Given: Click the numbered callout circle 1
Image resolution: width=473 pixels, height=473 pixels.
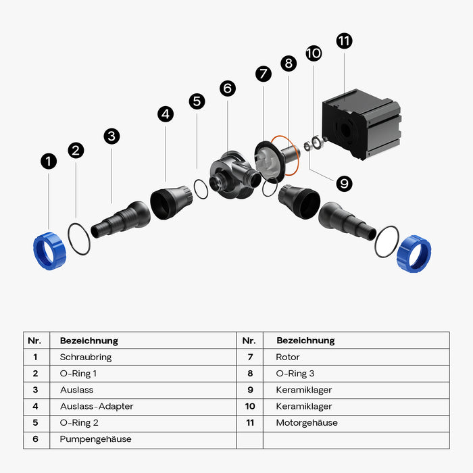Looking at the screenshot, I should (x=49, y=161).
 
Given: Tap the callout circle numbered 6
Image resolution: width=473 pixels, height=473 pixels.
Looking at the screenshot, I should (x=228, y=89).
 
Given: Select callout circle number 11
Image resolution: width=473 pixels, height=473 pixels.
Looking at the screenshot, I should (x=344, y=41).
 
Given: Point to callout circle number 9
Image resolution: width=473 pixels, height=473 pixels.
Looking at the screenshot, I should (x=344, y=182).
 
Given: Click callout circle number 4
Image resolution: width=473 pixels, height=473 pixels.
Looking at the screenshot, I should (x=166, y=114).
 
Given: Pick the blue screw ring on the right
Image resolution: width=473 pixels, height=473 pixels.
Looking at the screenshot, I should (x=414, y=253).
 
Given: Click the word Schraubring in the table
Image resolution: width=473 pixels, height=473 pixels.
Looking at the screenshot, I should (x=85, y=357).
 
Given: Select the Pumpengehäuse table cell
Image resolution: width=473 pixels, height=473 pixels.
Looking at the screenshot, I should (x=95, y=439).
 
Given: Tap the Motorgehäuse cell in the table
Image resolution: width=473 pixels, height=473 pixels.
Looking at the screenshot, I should (x=307, y=423).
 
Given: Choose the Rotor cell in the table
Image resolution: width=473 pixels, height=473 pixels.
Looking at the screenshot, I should (x=288, y=357).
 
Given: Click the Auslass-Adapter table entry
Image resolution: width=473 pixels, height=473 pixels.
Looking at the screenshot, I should (x=96, y=406).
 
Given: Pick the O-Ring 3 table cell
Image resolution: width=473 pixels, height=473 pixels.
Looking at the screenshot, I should (x=295, y=373).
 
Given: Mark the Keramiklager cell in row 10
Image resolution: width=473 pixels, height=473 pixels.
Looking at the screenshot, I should (x=304, y=406).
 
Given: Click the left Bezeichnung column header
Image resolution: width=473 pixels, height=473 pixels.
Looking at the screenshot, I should (x=89, y=341).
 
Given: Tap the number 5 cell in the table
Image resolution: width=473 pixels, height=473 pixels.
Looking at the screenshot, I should (x=35, y=423).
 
